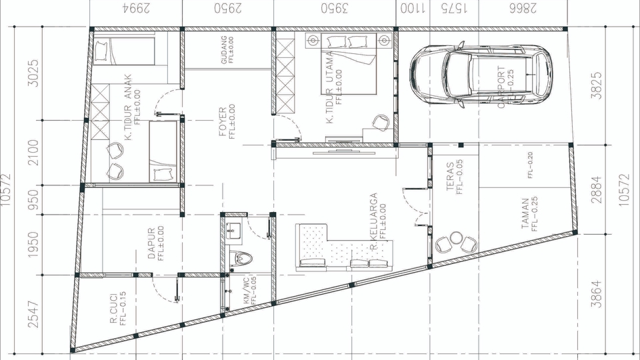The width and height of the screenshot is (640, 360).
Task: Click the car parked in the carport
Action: click(x=480, y=73)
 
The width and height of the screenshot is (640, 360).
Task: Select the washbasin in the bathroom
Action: click(x=233, y=231)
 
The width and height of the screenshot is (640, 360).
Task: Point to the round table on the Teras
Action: click(x=457, y=239)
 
